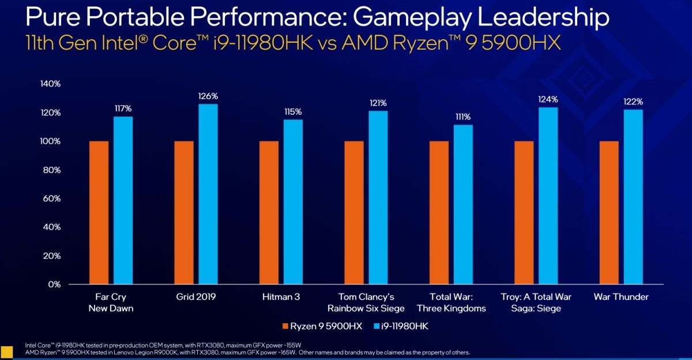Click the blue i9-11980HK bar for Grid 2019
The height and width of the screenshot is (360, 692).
click(x=208, y=194)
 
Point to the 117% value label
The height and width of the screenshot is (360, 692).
click(x=123, y=107)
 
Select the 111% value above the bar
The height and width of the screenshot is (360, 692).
click(x=463, y=116)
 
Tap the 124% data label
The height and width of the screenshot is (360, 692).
click(x=548, y=99)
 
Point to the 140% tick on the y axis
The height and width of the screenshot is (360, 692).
click(x=50, y=84)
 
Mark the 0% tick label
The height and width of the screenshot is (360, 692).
click(x=54, y=284)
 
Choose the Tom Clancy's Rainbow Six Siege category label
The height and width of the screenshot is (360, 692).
click(x=367, y=302)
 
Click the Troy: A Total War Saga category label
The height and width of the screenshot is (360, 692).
click(x=536, y=302)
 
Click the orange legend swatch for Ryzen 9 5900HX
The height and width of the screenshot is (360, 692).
click(x=286, y=327)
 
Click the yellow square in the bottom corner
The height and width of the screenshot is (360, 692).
click(x=6, y=351)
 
